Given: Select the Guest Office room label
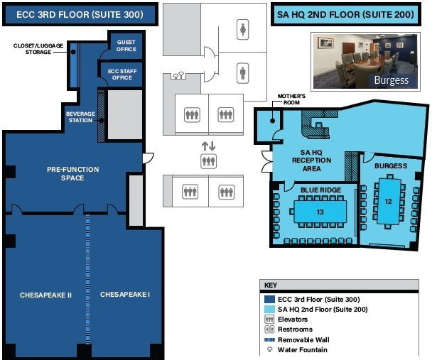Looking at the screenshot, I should coord(126,45).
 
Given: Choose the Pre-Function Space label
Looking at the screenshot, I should coord(72,173).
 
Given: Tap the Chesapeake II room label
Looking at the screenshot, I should coord(45,294).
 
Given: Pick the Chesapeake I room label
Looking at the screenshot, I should coord(125,294).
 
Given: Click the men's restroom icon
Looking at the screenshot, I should coord(243,72).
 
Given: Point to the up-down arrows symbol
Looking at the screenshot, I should coord(208,146).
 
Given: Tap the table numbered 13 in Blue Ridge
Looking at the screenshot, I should coord(320,212).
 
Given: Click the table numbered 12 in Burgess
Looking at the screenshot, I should coord(388,201).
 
